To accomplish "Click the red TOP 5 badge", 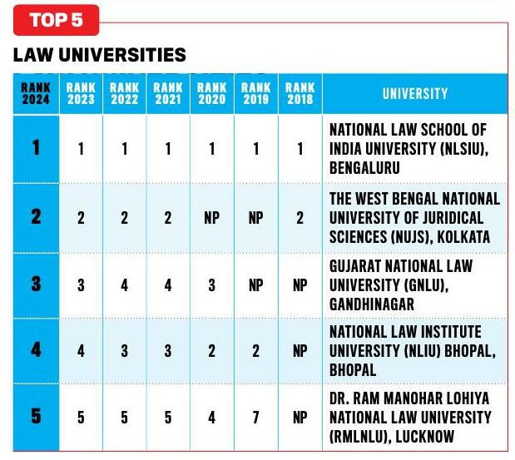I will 56,20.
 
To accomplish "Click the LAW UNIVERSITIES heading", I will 100,56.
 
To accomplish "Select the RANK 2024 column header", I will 36,94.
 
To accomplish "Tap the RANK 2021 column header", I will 168,94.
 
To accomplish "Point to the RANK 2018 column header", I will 300,94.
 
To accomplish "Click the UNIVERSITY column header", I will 414,94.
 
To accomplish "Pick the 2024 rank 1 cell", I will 36,148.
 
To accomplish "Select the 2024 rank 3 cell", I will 36,283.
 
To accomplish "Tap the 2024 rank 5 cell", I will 36,415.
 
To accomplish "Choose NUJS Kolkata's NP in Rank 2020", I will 212,218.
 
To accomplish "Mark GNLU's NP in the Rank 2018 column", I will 300,284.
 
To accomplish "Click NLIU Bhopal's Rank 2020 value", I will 212,351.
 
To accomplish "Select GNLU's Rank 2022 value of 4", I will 125,284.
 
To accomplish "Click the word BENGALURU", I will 365,167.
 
